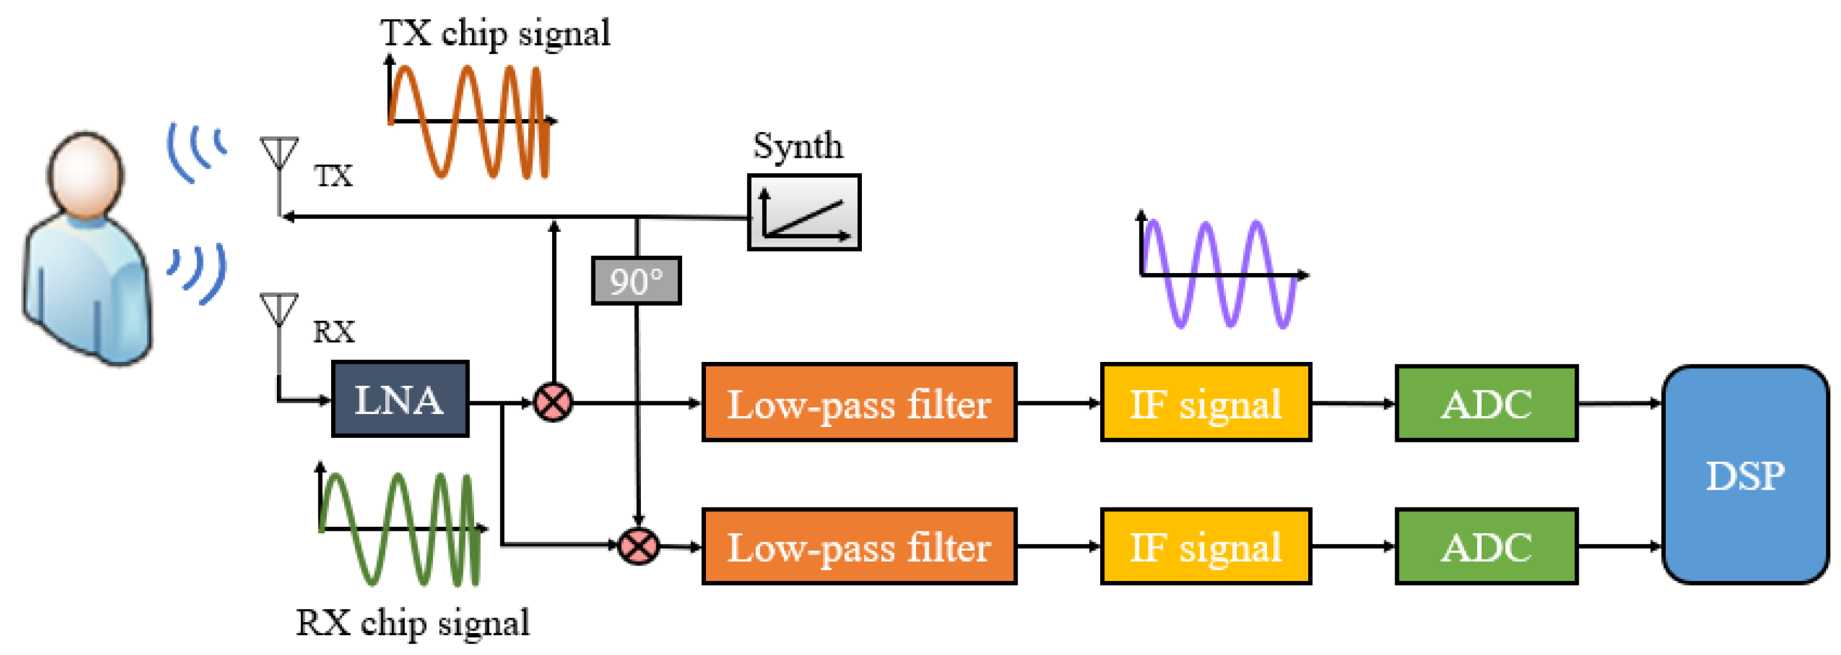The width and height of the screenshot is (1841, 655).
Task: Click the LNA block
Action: tap(400, 399)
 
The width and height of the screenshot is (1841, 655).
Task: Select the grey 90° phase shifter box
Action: tap(636, 281)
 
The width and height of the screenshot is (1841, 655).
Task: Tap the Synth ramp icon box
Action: tap(804, 212)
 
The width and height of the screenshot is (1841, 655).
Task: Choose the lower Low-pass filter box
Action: tap(859, 546)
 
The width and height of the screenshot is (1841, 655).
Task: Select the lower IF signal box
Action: tap(1206, 546)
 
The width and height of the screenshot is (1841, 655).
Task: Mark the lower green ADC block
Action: tap(1486, 546)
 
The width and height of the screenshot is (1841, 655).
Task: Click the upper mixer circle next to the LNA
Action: tap(553, 402)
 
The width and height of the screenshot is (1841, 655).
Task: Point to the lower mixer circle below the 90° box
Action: tap(638, 546)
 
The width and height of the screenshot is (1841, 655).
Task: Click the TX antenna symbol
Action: tap(279, 153)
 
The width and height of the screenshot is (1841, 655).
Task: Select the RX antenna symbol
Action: tap(279, 309)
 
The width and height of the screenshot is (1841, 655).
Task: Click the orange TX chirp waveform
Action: tap(468, 120)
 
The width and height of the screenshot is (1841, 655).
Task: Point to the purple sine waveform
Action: tap(1219, 274)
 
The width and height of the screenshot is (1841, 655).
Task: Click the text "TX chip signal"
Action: tap(495, 33)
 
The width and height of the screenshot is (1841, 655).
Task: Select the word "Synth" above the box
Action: tap(797, 146)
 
